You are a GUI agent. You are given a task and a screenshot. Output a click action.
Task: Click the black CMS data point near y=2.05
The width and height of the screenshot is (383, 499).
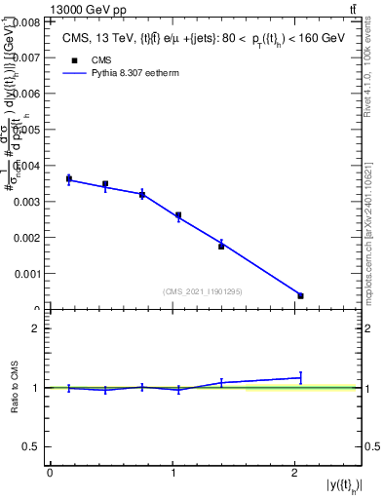click(x=300, y=295)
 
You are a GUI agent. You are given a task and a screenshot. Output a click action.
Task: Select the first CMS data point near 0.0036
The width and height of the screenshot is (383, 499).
click(x=69, y=178)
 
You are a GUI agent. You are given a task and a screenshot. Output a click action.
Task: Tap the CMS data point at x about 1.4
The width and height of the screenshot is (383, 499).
click(x=221, y=246)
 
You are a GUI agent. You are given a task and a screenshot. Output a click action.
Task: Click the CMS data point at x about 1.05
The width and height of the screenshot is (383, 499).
click(x=178, y=215)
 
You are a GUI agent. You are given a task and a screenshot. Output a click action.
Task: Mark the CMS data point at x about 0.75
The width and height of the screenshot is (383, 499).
click(x=142, y=195)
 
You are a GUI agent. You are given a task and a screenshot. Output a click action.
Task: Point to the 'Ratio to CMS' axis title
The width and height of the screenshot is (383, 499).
click(x=16, y=387)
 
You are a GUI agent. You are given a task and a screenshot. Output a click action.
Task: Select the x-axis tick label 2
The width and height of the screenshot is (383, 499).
click(x=294, y=473)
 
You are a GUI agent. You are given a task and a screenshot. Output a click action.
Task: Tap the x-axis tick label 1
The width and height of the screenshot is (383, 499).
click(x=172, y=473)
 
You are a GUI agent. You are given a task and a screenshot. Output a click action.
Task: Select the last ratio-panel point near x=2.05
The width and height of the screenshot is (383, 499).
click(x=300, y=377)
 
